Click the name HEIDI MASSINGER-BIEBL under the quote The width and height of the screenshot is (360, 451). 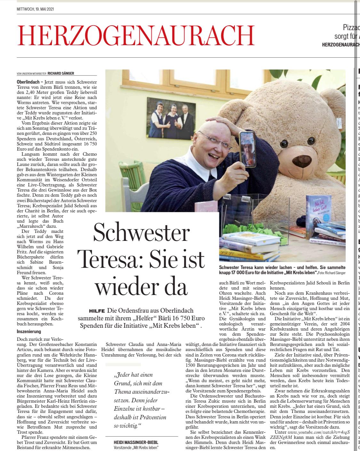pos(136,442)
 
